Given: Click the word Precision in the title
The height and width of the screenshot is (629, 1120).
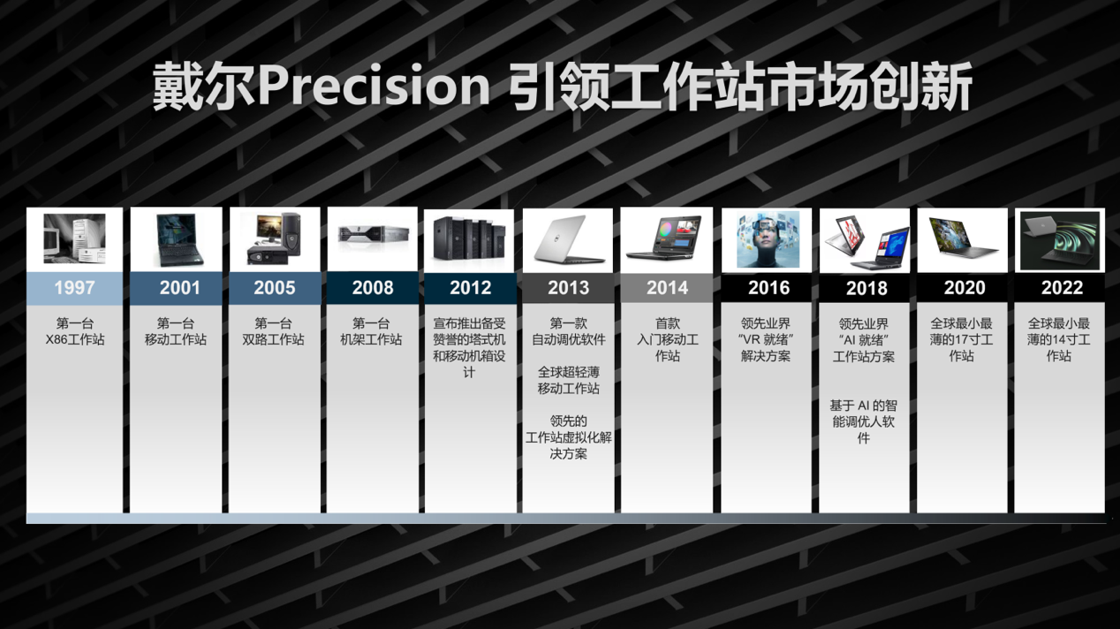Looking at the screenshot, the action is pyautogui.click(x=374, y=86).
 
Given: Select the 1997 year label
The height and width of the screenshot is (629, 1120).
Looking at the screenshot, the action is pyautogui.click(x=74, y=288).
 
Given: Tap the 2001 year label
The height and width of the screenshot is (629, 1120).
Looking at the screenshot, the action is pyautogui.click(x=179, y=288).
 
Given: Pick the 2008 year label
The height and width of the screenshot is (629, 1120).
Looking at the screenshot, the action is pyautogui.click(x=373, y=288).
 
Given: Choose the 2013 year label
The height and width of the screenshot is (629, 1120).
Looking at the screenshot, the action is pyautogui.click(x=569, y=288).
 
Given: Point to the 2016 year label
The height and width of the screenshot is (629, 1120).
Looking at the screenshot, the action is pyautogui.click(x=768, y=288).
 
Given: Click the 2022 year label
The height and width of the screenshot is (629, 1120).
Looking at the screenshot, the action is pyautogui.click(x=1062, y=288).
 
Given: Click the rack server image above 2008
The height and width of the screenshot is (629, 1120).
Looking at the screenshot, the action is pyautogui.click(x=374, y=234).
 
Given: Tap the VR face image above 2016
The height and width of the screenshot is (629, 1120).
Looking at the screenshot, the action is pyautogui.click(x=768, y=239).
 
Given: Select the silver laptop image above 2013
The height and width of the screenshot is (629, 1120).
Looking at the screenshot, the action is pyautogui.click(x=569, y=239).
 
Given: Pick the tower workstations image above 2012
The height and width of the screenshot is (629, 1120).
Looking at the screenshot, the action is pyautogui.click(x=469, y=238).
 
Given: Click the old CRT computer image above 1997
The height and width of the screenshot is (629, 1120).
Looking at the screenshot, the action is pyautogui.click(x=74, y=239).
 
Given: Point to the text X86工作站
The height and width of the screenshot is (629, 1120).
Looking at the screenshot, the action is pyautogui.click(x=75, y=340).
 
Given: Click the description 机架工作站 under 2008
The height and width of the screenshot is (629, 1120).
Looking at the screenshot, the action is pyautogui.click(x=371, y=340).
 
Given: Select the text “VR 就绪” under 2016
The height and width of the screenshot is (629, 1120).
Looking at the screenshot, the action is pyautogui.click(x=766, y=340).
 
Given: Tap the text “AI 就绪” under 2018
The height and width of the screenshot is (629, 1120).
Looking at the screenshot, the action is pyautogui.click(x=864, y=340).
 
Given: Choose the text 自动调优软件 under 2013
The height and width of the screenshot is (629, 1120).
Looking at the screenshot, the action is pyautogui.click(x=569, y=340).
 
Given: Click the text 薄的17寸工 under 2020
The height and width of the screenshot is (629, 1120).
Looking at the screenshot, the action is pyautogui.click(x=961, y=340).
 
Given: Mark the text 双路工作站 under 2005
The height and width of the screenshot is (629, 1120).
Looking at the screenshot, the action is pyautogui.click(x=273, y=340).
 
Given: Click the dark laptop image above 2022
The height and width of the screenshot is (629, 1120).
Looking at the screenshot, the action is pyautogui.click(x=1060, y=241).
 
